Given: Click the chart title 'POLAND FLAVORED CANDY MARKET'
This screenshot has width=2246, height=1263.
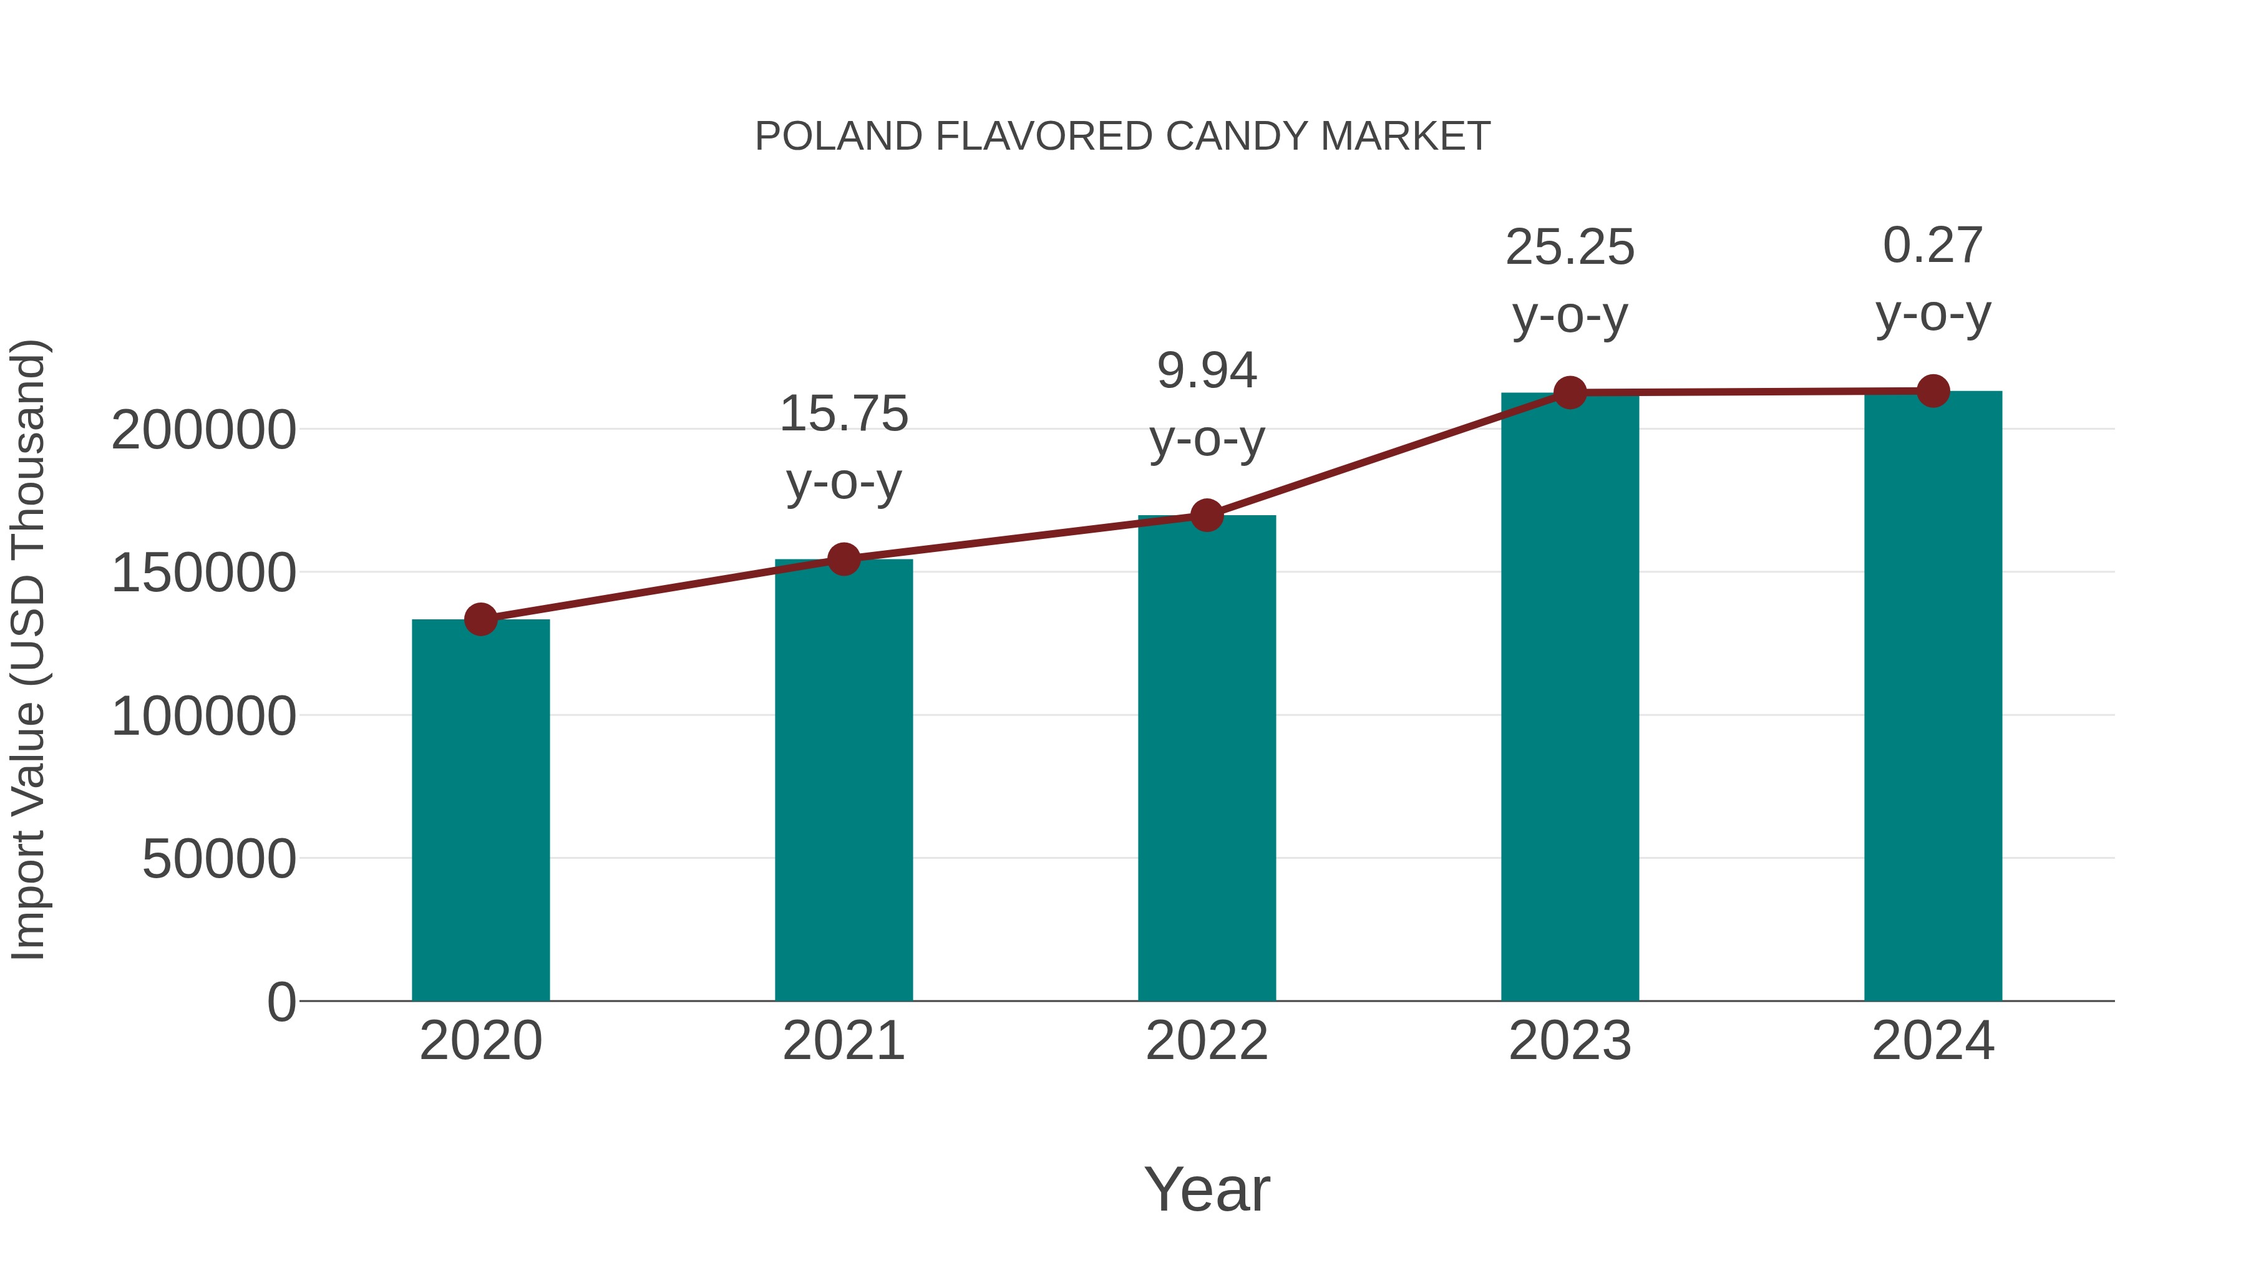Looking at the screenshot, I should [x=1122, y=137].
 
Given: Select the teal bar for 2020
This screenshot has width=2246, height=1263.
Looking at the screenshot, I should [x=480, y=811].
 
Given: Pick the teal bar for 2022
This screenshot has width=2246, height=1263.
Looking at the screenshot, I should [x=1207, y=758].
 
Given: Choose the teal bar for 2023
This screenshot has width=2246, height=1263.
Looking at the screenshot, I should [x=1570, y=697].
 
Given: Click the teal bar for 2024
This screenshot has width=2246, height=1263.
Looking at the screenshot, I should [x=1933, y=697].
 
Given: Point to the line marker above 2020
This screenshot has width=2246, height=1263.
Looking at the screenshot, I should [x=480, y=620].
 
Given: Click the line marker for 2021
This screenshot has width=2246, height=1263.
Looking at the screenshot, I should [x=843, y=559].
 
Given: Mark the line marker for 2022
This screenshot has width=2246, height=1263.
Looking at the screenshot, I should [x=1207, y=515].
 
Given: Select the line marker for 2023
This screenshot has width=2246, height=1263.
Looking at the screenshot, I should [x=1570, y=393].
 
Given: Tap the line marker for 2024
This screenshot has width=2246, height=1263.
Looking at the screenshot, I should [x=1933, y=391].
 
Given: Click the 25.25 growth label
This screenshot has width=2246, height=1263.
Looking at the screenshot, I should [x=1570, y=248].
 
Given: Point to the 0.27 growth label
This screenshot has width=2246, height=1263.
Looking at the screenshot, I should [x=1933, y=246].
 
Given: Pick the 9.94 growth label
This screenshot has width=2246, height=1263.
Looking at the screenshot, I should [x=1207, y=371].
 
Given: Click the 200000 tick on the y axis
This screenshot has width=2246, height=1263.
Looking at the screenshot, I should [x=203, y=430].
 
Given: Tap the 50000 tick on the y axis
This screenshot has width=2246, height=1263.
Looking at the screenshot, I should [x=219, y=859].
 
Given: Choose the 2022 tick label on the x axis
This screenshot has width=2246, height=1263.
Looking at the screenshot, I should [x=1207, y=1041].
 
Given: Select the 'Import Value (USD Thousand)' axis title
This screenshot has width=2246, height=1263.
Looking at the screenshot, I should [x=29, y=649].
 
